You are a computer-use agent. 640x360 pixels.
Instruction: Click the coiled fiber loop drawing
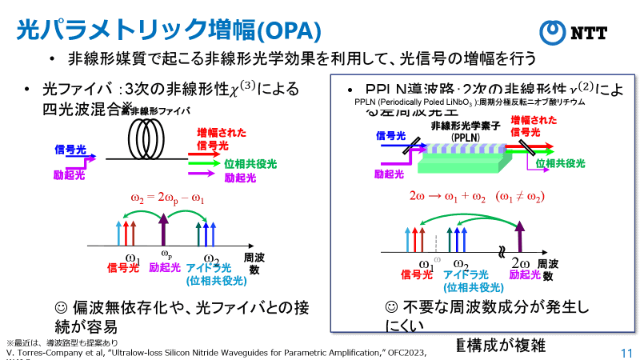(148, 141)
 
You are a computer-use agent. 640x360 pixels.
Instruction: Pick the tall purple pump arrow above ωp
(164, 232)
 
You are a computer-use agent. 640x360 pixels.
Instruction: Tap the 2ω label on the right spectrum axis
(519, 264)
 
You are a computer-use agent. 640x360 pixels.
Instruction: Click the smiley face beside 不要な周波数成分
(392, 307)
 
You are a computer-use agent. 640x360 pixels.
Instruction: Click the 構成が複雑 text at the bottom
(504, 345)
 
